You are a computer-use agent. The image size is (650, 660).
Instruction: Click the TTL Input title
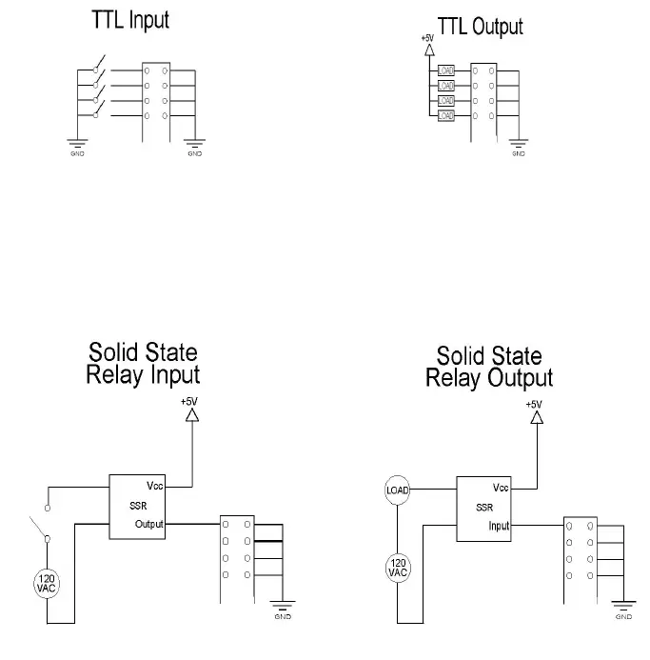tap(130, 20)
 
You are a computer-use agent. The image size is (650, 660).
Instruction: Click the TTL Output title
tap(480, 26)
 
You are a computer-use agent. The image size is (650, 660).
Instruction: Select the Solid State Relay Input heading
tap(143, 364)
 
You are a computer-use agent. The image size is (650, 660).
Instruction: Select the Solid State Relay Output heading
tap(489, 367)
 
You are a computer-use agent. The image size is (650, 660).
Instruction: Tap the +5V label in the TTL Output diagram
tap(427, 39)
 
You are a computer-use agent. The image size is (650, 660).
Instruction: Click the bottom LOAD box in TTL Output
tap(446, 115)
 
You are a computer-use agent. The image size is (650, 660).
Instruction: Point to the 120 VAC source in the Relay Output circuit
tap(398, 569)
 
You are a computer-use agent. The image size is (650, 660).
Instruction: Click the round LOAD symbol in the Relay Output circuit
tap(398, 490)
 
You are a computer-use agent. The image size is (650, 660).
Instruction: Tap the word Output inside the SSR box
tap(149, 524)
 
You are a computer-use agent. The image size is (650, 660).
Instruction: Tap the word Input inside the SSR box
tap(500, 526)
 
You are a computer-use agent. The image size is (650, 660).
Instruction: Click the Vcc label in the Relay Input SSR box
tap(155, 486)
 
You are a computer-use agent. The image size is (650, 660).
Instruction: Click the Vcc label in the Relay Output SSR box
tap(502, 488)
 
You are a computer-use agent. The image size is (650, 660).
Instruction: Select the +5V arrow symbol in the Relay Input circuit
tap(191, 415)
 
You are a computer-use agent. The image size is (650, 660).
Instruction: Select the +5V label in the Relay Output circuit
tap(534, 404)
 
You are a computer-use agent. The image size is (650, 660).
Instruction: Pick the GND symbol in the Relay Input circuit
tap(282, 607)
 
